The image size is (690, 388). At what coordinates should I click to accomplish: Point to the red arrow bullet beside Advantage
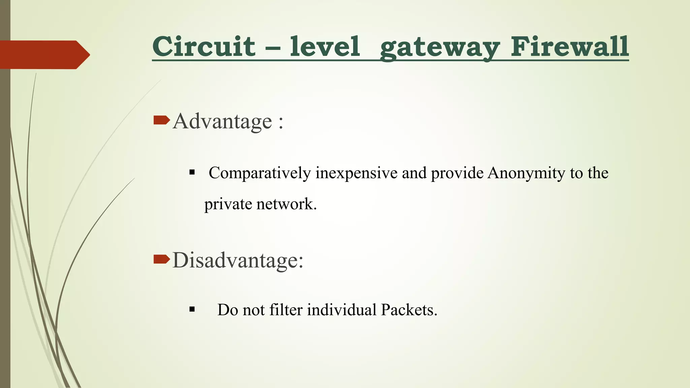[161, 120]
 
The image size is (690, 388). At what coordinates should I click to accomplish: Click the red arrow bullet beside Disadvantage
[161, 259]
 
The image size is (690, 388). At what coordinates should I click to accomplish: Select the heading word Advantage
[222, 121]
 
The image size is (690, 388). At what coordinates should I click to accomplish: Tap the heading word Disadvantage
[238, 260]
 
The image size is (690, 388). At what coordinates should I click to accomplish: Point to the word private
[228, 204]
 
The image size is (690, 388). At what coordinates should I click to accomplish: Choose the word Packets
[409, 310]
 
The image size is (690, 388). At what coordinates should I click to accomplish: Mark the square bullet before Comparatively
[192, 173]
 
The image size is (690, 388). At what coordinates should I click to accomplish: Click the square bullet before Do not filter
[192, 310]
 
